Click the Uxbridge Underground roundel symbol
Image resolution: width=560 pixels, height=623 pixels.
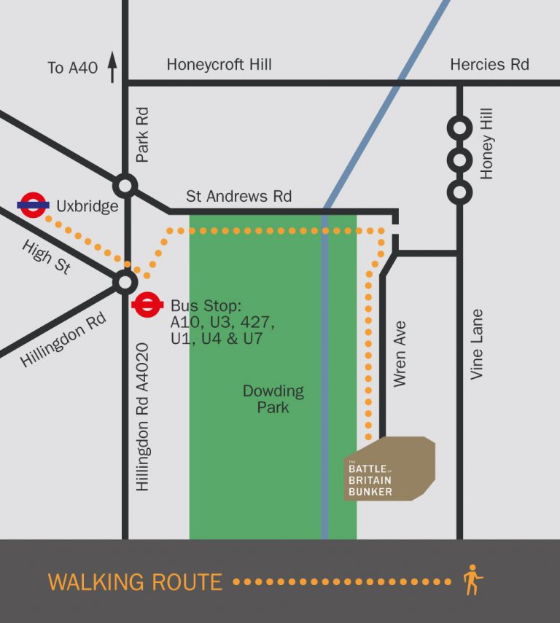(x=34, y=205)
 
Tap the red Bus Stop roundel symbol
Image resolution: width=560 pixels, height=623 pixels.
(x=147, y=305)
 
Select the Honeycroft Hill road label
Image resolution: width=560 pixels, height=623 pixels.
(x=219, y=65)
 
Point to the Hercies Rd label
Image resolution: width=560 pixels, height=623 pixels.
(x=489, y=65)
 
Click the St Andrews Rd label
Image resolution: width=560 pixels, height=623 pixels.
(x=238, y=196)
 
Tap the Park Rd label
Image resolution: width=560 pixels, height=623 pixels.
(x=142, y=135)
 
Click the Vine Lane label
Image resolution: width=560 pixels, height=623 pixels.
(x=477, y=345)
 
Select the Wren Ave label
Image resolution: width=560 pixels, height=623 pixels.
(x=400, y=353)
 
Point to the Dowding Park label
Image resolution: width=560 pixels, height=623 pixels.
(x=273, y=399)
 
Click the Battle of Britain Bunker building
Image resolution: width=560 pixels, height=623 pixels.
(x=389, y=469)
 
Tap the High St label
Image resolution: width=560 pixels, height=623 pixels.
(x=47, y=257)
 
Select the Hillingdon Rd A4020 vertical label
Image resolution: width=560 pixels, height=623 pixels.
(x=142, y=417)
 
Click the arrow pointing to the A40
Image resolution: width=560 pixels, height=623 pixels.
(x=112, y=67)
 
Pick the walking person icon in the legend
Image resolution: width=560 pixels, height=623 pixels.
(x=472, y=580)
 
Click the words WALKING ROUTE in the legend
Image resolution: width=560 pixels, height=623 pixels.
(x=135, y=582)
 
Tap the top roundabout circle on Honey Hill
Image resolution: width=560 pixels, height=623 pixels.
(x=459, y=128)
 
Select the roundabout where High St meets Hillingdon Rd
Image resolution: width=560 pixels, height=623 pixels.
(x=125, y=282)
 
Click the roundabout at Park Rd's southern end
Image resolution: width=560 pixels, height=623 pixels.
(x=125, y=185)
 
